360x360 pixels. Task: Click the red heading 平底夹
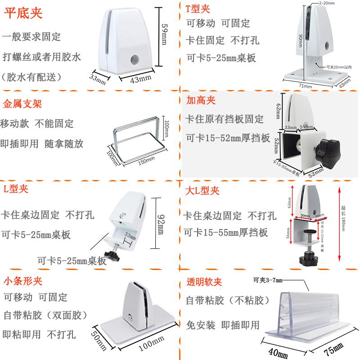(23, 13)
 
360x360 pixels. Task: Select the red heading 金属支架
(22, 104)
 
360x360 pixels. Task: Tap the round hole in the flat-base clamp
(134, 59)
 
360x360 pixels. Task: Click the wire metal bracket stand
(135, 137)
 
